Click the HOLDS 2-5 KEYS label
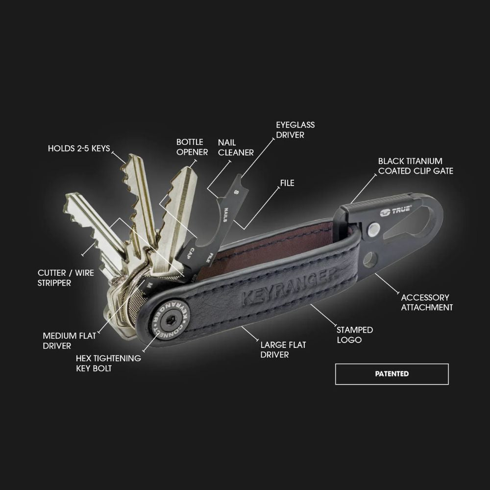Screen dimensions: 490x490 point(79,148)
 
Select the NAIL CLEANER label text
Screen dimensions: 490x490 point(236,147)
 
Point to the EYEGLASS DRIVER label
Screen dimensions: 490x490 point(295,129)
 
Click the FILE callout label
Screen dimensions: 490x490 point(287,183)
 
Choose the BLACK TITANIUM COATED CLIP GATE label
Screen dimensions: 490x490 point(416,166)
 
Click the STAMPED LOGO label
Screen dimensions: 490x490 point(354,335)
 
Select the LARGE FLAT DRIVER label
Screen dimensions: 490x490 point(283,349)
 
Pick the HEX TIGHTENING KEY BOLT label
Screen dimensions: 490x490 point(108,363)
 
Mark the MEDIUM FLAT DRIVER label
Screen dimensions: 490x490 point(70,341)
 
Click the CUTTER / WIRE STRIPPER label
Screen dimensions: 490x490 point(66,278)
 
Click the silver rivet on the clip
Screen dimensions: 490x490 point(374,228)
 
